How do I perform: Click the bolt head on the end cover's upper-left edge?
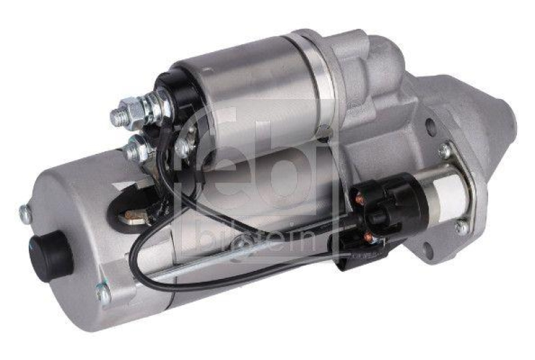(x=25, y=213)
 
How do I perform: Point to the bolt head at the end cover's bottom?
(x=102, y=293)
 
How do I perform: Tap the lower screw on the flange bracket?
(x=461, y=228)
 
